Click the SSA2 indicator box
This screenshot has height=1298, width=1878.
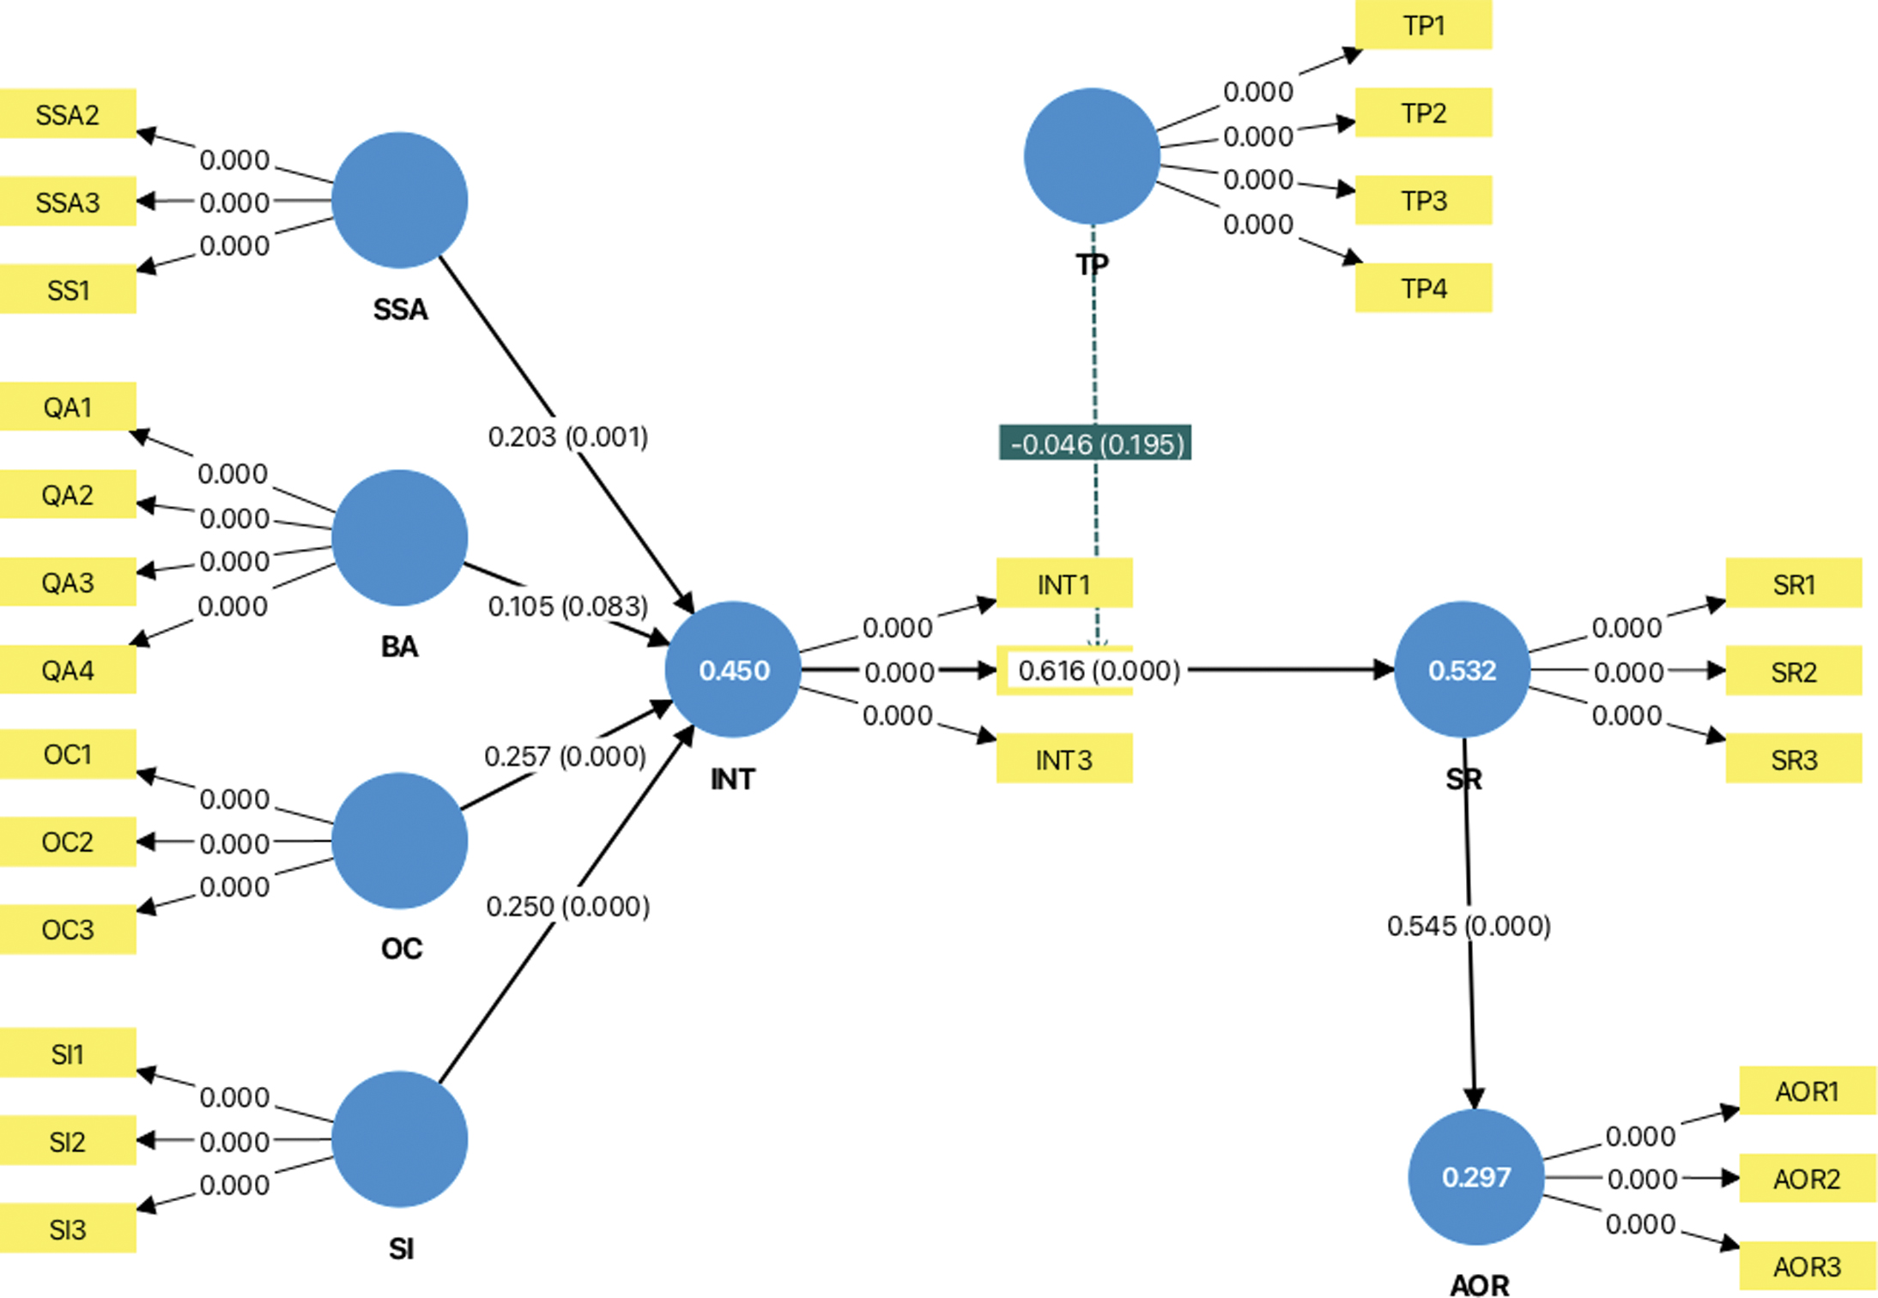click(68, 114)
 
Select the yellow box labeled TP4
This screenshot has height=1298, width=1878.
click(1423, 288)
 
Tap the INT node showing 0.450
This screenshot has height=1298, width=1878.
click(733, 670)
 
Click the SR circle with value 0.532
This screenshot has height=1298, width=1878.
click(1462, 670)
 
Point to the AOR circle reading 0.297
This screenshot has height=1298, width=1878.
click(1475, 1177)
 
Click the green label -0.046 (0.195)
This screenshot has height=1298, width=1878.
click(1095, 444)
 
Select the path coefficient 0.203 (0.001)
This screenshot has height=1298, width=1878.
click(567, 437)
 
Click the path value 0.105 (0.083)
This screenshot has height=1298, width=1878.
click(567, 607)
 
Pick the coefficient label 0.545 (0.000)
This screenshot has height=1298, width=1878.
click(1469, 926)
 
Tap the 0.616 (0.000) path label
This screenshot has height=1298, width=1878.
click(1099, 670)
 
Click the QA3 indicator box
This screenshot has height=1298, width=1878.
click(68, 583)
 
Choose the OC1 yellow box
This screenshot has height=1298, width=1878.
click(68, 754)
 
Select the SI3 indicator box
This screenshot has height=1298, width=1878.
click(68, 1229)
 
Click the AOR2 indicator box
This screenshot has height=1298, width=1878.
click(1807, 1179)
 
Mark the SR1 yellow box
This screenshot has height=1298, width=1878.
click(1793, 584)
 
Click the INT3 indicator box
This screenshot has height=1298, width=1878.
click(1063, 759)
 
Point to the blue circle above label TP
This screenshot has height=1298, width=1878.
click(1092, 156)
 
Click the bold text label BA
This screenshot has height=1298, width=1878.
click(399, 646)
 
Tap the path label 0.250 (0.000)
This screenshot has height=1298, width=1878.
click(567, 906)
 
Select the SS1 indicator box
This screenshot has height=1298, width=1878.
click(68, 290)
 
